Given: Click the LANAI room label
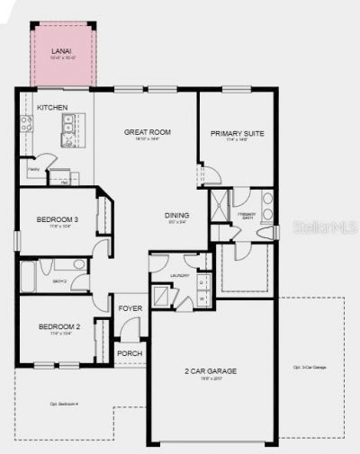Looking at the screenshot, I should [62, 52].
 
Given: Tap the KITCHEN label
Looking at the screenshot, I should [52, 108].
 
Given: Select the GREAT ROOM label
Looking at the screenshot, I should [148, 132].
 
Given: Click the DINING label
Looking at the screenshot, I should [176, 215].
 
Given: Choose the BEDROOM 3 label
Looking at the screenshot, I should [56, 220].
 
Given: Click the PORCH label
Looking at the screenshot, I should [130, 353].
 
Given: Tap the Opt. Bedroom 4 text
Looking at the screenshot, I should [63, 404].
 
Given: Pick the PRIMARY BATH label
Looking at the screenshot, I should [247, 215].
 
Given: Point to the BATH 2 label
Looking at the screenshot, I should [60, 281].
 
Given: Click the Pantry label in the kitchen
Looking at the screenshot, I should [32, 167].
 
